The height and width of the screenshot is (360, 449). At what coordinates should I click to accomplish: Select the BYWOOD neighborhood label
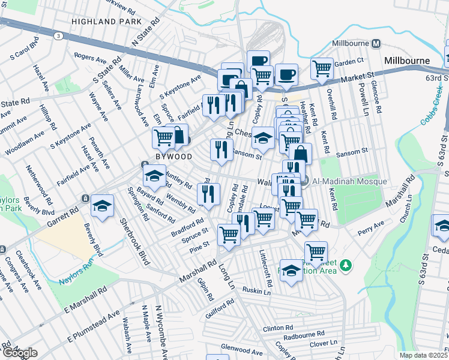(174, 157)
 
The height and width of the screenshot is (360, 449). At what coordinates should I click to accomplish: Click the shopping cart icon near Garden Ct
(322, 68)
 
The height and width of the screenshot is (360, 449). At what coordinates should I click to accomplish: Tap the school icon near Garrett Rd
(103, 205)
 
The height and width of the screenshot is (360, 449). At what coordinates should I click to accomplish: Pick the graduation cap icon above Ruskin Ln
(291, 270)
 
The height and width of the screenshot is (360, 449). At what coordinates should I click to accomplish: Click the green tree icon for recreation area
(345, 265)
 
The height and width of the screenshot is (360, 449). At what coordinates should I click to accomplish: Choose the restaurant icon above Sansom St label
(221, 149)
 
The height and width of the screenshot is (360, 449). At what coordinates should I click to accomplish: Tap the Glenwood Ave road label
(241, 349)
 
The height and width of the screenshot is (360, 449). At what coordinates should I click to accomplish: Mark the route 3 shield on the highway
(58, 36)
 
